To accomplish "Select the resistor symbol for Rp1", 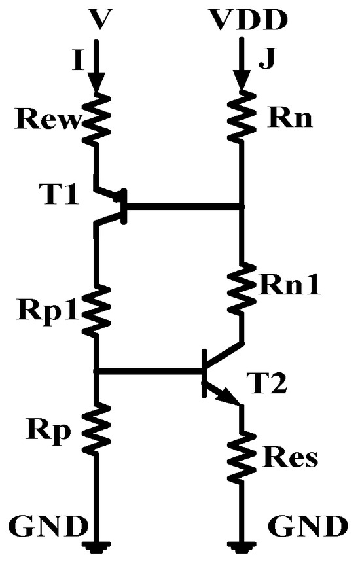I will click(97, 310).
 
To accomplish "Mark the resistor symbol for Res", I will click(242, 451).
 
